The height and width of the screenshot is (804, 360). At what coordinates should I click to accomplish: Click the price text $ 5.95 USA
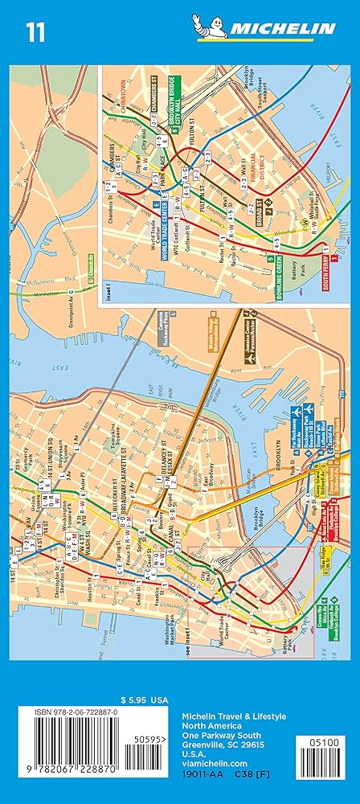point(137,699)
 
